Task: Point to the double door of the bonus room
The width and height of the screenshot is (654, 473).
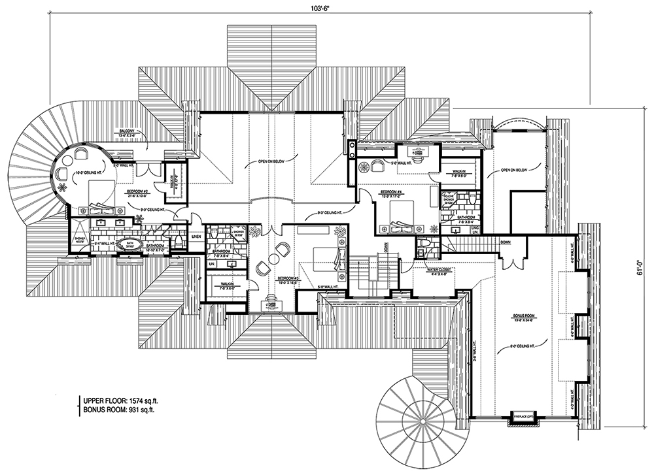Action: (x=511, y=261)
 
